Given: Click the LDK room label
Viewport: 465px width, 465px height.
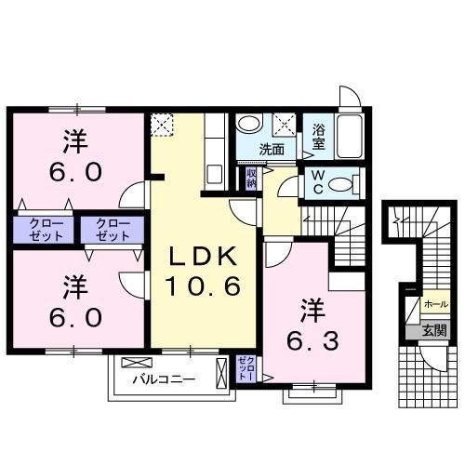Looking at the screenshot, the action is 202,257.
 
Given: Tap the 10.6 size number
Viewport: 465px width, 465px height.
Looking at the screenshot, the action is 203,286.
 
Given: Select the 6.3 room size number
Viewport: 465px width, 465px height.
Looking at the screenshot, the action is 312,341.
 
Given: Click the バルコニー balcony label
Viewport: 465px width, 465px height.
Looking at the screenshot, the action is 165,379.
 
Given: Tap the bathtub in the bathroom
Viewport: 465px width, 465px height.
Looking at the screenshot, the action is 350,137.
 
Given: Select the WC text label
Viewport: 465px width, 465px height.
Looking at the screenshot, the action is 318,182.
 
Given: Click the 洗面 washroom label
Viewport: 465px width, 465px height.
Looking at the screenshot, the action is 272,150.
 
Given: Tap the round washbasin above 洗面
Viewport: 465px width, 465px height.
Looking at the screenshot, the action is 249,124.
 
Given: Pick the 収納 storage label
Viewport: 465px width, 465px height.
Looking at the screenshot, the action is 251,179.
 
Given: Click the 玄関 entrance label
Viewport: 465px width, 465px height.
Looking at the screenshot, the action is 435,331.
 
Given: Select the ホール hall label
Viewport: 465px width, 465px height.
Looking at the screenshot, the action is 436,304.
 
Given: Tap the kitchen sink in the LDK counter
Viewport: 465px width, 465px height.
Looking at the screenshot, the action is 215,175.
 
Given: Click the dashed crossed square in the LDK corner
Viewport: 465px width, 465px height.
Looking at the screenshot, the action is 162,125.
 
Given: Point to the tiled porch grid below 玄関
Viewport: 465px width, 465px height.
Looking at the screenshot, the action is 428,377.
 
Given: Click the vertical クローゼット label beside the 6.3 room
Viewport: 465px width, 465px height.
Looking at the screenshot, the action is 246,369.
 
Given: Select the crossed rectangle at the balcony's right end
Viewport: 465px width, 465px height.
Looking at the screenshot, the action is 221,373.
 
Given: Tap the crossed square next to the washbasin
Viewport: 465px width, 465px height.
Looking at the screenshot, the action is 285,125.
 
